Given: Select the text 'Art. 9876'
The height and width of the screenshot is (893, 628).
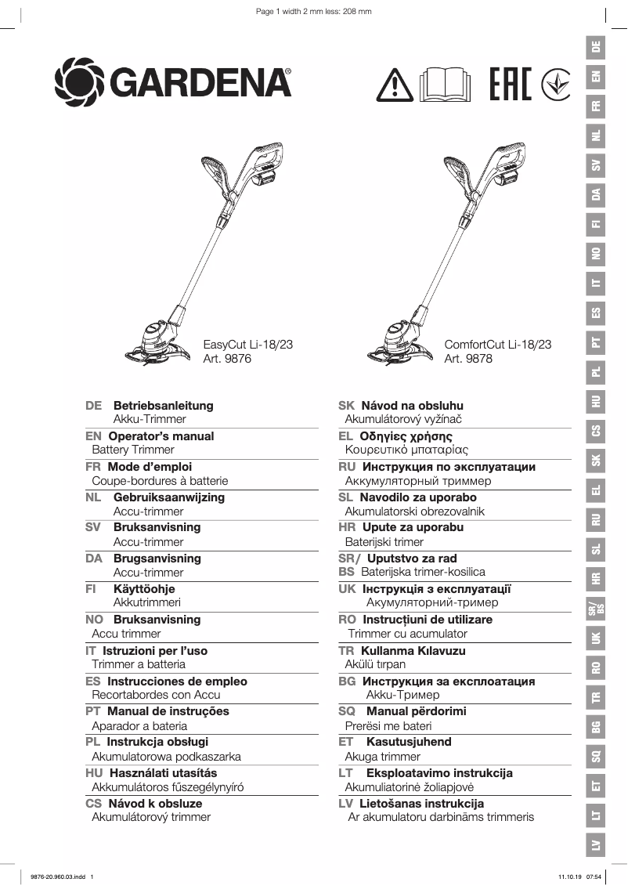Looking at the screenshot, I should (227, 359).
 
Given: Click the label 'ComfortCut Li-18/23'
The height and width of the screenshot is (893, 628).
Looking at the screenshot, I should (497, 344).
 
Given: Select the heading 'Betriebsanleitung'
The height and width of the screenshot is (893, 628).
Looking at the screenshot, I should (163, 406).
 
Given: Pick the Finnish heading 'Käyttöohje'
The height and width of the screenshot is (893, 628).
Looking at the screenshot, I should (144, 589).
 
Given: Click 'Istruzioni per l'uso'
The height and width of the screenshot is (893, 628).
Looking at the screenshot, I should (157, 651).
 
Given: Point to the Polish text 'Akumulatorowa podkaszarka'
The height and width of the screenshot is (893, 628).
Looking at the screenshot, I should (166, 757).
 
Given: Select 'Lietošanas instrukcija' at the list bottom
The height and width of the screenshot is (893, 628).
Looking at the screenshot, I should (421, 804).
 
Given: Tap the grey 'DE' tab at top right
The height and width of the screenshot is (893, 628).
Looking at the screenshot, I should (597, 46).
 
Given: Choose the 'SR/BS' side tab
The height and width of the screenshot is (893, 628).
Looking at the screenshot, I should (597, 609).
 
